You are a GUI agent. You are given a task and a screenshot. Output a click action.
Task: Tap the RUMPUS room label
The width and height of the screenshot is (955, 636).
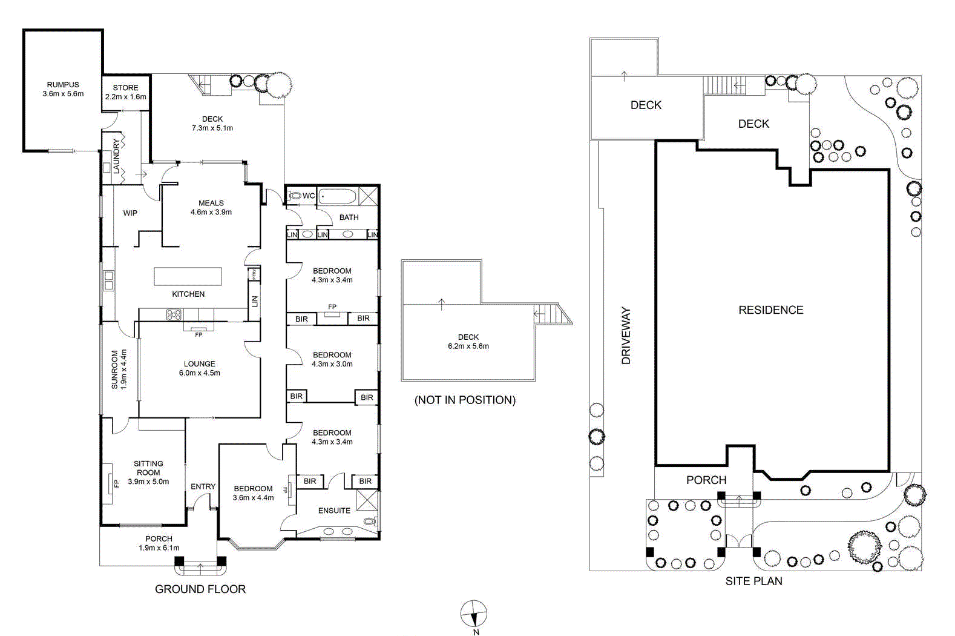[63, 85]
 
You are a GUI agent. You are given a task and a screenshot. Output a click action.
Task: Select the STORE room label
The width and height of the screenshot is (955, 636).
[125, 87]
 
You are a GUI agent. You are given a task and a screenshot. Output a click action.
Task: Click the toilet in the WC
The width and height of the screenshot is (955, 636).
[294, 196]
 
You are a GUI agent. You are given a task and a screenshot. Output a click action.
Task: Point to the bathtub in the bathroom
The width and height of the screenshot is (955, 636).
[337, 196]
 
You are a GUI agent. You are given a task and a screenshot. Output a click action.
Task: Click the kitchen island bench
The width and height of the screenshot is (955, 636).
[188, 276]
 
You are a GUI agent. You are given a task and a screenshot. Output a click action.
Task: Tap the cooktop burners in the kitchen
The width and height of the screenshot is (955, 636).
[174, 315]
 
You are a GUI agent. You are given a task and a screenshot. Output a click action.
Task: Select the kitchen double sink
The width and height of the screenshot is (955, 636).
[109, 280]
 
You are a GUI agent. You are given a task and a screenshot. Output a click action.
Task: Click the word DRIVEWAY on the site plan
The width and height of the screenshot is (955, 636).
[625, 335]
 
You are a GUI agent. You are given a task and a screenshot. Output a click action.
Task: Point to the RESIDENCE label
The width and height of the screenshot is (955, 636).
[771, 310]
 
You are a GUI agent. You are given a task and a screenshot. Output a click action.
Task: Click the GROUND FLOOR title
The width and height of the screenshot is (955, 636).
[200, 589]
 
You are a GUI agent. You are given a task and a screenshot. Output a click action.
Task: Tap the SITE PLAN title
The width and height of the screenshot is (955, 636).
[753, 581]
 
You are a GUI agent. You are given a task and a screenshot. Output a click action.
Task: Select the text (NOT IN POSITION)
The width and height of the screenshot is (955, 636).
[465, 400]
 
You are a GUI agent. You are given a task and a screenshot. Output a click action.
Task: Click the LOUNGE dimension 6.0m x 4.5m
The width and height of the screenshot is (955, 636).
[200, 373]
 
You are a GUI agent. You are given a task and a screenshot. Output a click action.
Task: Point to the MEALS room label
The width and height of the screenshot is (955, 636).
[211, 203]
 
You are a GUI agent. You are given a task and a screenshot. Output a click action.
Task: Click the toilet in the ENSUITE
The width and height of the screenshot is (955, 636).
[372, 521]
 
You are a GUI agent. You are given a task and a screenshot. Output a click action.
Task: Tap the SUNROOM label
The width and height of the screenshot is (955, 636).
[114, 369]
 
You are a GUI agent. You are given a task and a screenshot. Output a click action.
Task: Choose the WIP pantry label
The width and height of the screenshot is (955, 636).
[130, 213]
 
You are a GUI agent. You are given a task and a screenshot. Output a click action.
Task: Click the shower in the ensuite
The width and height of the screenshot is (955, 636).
[367, 500]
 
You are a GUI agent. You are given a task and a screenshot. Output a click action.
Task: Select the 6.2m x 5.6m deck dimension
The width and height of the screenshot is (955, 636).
[468, 346]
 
